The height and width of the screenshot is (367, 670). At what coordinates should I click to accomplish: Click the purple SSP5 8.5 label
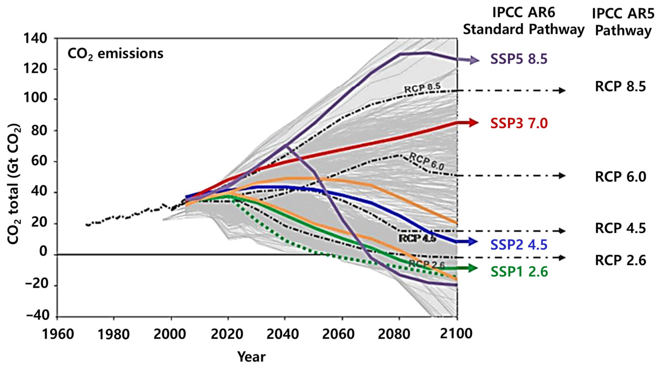tap(519, 59)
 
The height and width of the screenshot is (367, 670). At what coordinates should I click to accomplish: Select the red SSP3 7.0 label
tap(519, 123)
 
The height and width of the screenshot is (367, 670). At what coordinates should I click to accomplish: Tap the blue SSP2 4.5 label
tap(519, 245)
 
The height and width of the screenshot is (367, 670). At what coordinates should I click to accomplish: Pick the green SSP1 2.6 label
tap(519, 272)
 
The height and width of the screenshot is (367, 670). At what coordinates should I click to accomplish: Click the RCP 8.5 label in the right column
tap(620, 87)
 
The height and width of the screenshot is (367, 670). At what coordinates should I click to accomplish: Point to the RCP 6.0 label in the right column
tap(620, 177)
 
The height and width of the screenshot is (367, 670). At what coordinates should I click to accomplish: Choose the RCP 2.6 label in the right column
tap(620, 260)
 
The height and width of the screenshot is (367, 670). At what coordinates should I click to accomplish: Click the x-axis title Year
tap(251, 357)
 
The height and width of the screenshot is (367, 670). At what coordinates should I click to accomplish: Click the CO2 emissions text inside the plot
tap(115, 54)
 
